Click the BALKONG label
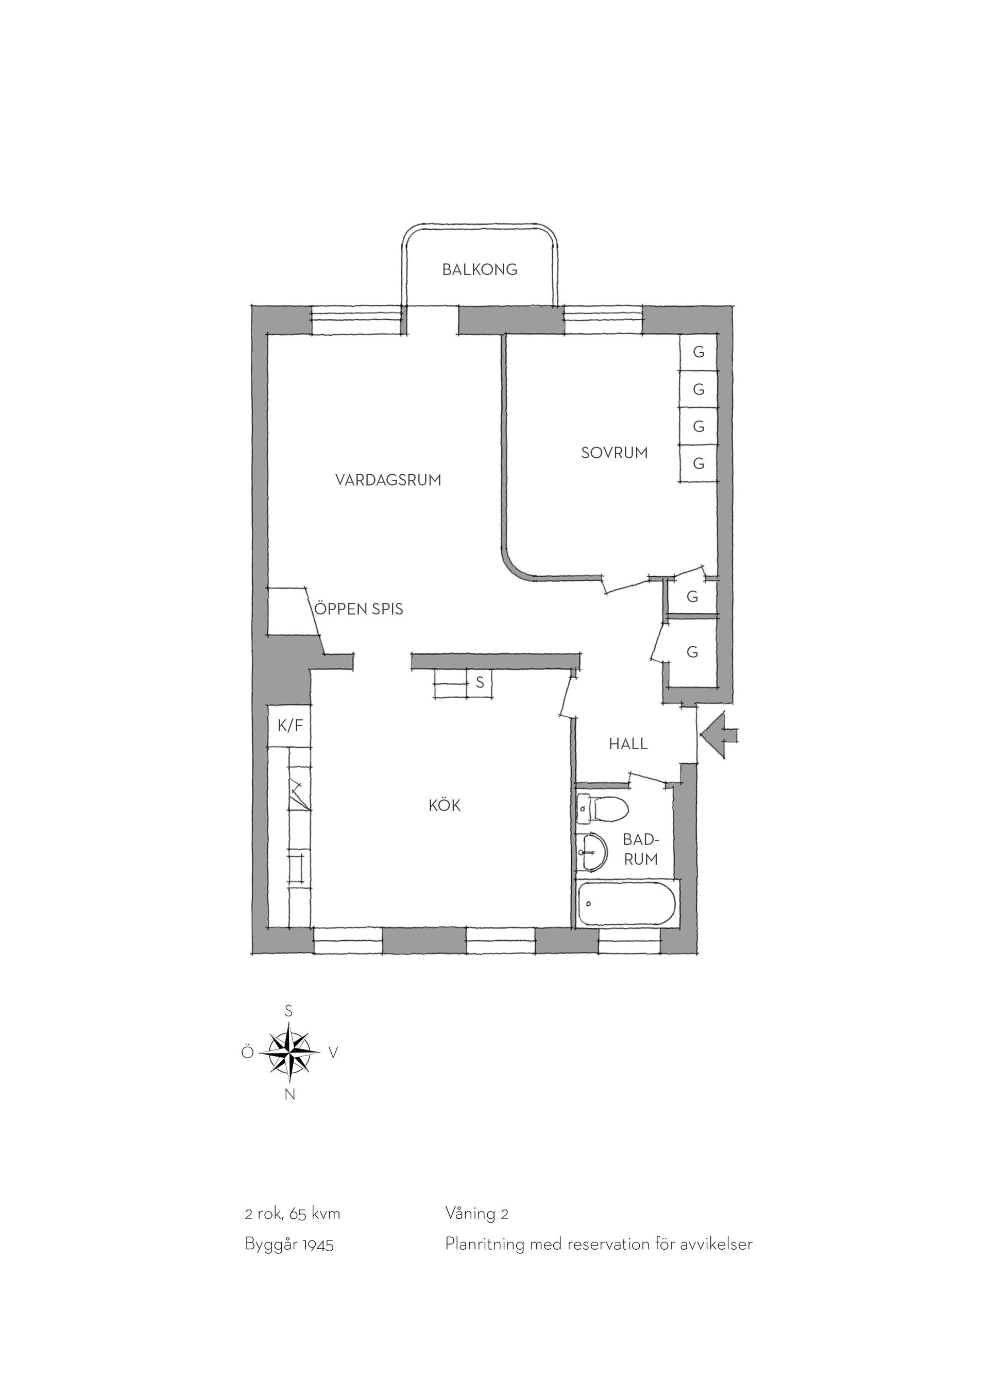[480, 269]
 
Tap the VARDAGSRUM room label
[388, 480]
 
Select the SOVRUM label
[615, 453]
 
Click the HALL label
[628, 744]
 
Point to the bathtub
[627, 905]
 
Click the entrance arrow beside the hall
[719, 736]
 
